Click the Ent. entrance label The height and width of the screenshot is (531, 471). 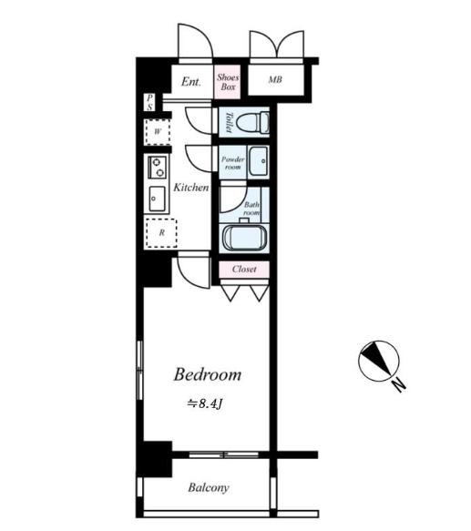click(x=191, y=82)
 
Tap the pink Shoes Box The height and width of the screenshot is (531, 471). click(x=227, y=82)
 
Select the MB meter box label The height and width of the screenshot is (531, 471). click(x=275, y=79)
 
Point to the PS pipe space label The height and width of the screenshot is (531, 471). click(x=149, y=103)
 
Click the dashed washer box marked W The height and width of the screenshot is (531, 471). click(x=158, y=132)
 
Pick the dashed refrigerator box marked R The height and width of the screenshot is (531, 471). click(x=161, y=233)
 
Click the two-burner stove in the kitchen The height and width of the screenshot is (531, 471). click(x=158, y=168)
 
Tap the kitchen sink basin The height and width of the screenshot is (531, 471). click(x=158, y=199)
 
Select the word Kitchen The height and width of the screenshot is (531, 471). click(x=191, y=188)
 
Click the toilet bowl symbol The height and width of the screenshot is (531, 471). click(x=252, y=123)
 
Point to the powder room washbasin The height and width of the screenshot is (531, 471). click(x=259, y=161)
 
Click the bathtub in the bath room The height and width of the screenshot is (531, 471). click(x=244, y=238)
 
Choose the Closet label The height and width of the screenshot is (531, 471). click(x=244, y=270)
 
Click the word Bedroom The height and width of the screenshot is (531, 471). click(x=208, y=374)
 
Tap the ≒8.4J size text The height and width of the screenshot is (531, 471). click(x=205, y=403)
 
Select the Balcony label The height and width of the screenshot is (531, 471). click(x=209, y=487)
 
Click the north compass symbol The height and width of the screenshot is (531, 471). click(x=379, y=361)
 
